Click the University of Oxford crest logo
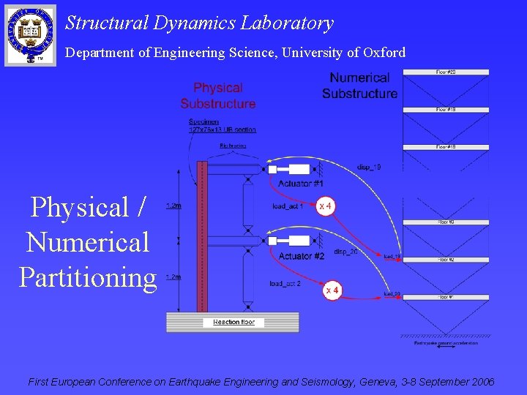coord(30,34)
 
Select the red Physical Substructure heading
coord(218,96)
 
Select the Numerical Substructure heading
coord(359,86)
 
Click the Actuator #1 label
coord(300,183)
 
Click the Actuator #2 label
coord(301,256)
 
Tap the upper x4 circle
coord(325,206)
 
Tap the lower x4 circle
coord(332,290)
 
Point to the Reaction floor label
coord(233,322)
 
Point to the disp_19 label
coord(368,167)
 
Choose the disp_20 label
coord(345,252)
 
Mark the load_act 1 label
coord(288,207)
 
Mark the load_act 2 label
coord(285,283)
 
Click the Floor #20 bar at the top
coord(446,72)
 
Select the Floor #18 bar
coord(446,148)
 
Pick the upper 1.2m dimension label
coord(173,206)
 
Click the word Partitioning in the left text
coord(88,277)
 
